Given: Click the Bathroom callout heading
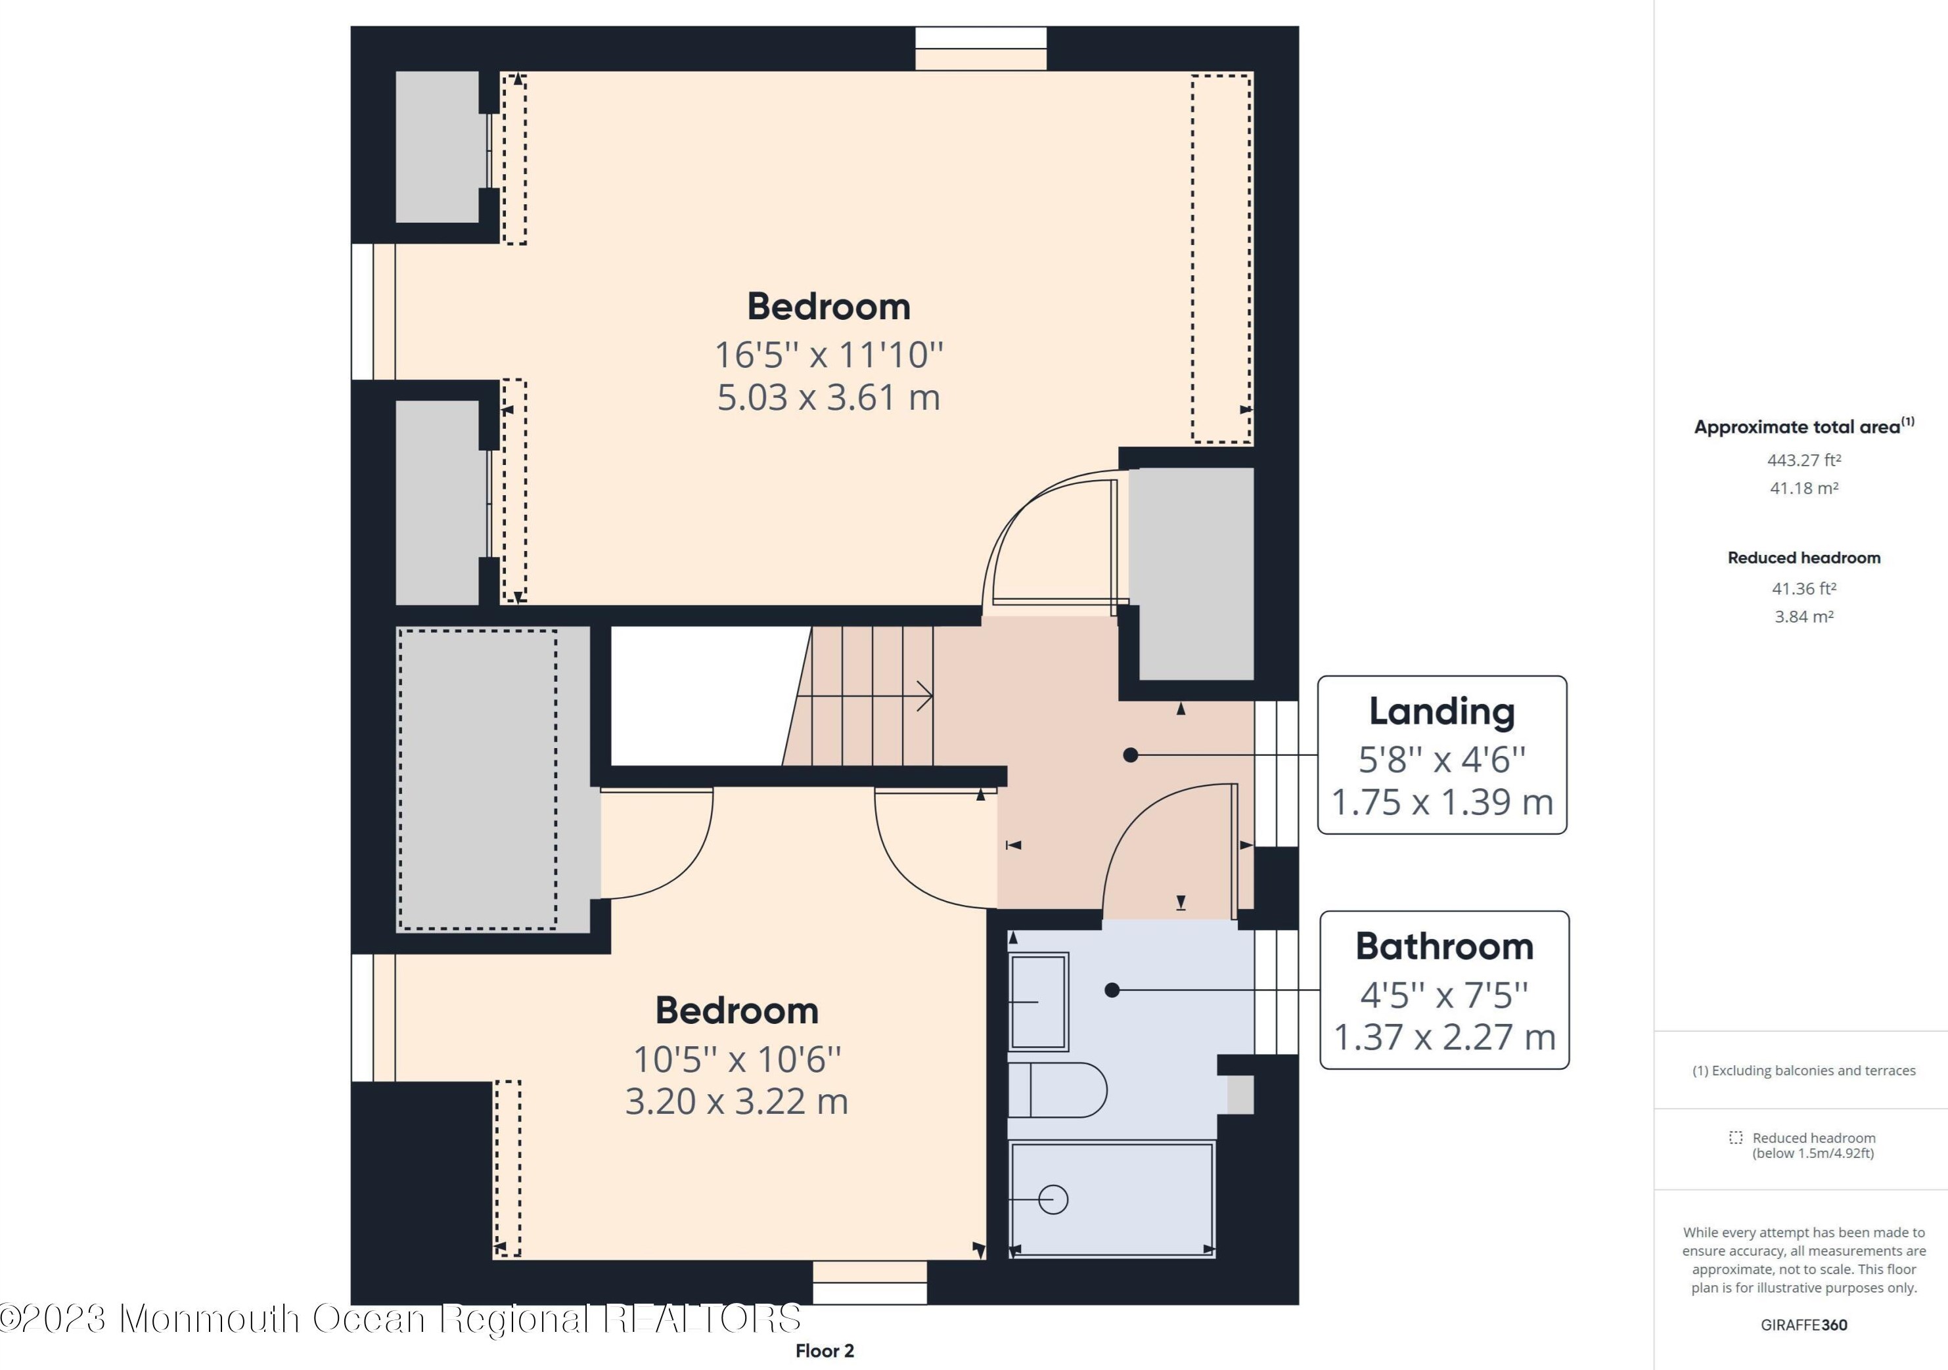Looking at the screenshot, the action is coord(1444,946).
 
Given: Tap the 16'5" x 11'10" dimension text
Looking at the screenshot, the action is coord(829,355).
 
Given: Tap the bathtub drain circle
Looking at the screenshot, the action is coord(1053,1199).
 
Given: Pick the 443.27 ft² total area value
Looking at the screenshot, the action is coord(1803,460).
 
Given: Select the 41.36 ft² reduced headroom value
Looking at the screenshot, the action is coord(1803,588).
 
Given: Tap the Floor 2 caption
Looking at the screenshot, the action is coord(825,1350).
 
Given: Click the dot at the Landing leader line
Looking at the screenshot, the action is coord(1130,754).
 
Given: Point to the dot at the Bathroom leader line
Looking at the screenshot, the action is coord(1112,989).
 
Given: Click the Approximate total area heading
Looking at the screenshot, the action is coord(1803,426).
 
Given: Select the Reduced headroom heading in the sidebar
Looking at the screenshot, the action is coord(1803,558).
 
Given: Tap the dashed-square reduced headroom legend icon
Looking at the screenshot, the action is coord(1736,1138).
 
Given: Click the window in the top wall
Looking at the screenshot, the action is coord(981,49).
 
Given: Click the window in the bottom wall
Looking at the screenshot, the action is coord(870,1283).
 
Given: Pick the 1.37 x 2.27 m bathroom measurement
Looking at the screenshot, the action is coord(1444,1036).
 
